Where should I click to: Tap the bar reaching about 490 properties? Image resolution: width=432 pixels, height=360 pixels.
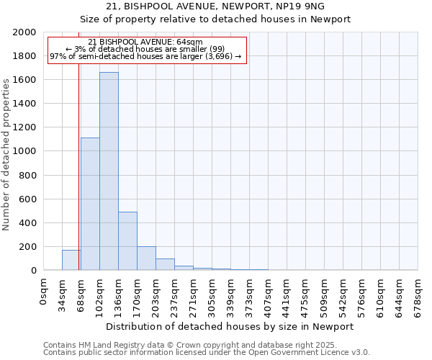click(127, 241)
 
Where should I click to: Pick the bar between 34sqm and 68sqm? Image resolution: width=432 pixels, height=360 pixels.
click(71, 260)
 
